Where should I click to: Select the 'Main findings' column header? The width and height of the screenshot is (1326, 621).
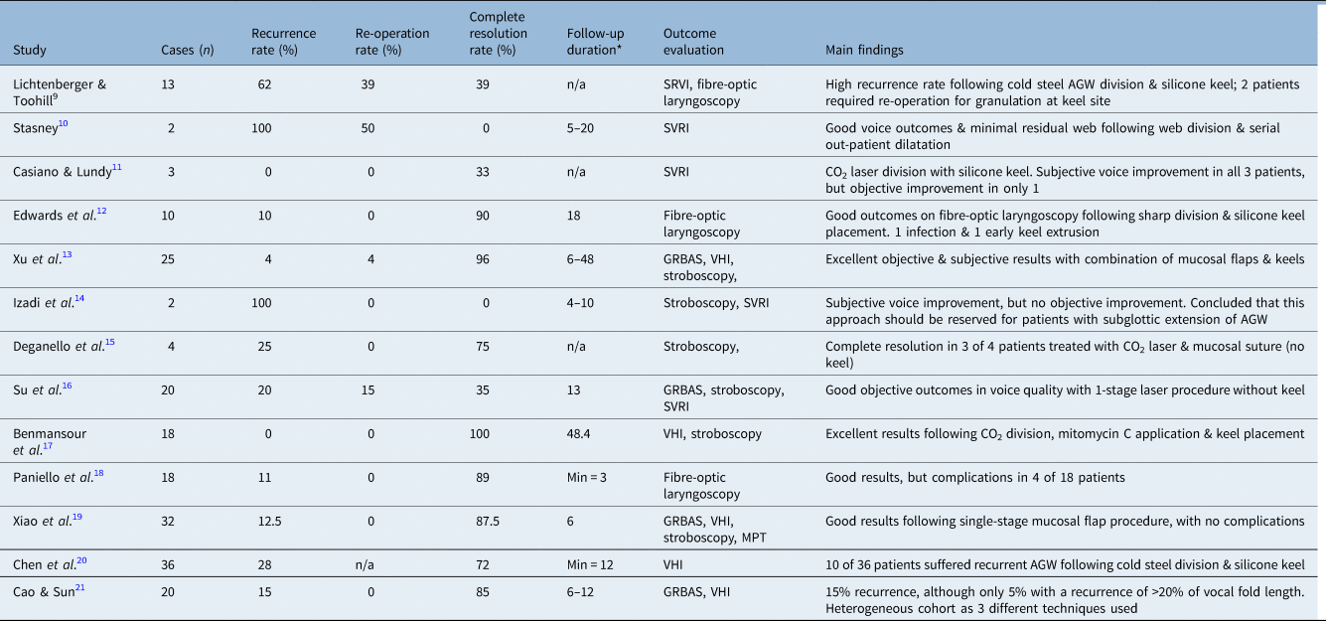pos(864,50)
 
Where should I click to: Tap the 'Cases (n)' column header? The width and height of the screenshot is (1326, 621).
pos(185,50)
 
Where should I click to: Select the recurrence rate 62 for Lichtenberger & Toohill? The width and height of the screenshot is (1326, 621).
pos(264,85)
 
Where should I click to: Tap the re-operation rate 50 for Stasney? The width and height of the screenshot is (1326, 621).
pos(368,128)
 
